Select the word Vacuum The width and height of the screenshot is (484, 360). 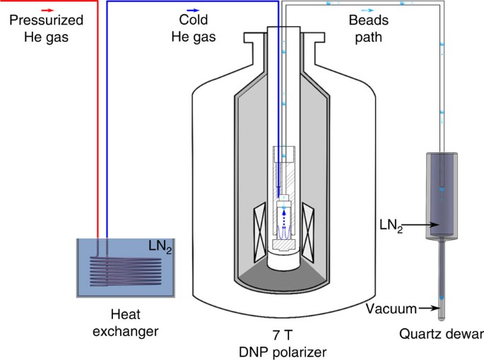click(x=389, y=308)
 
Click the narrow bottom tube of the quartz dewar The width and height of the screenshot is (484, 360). click(x=441, y=282)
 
